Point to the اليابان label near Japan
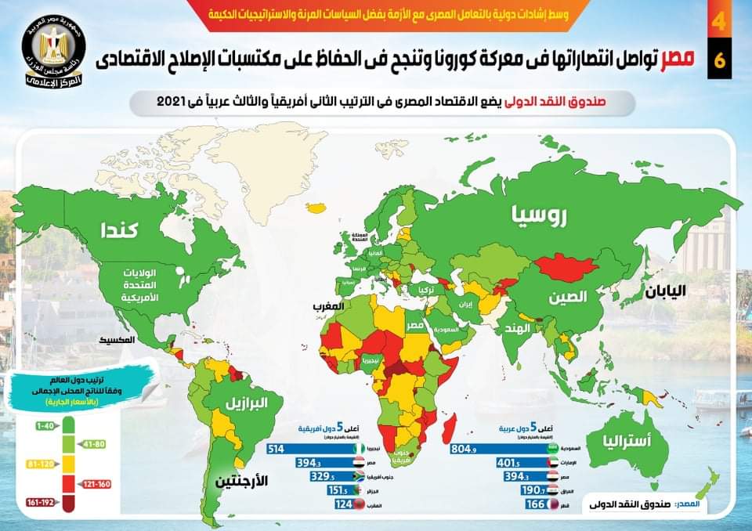pos(665,291)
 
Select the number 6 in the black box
pos(719,63)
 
